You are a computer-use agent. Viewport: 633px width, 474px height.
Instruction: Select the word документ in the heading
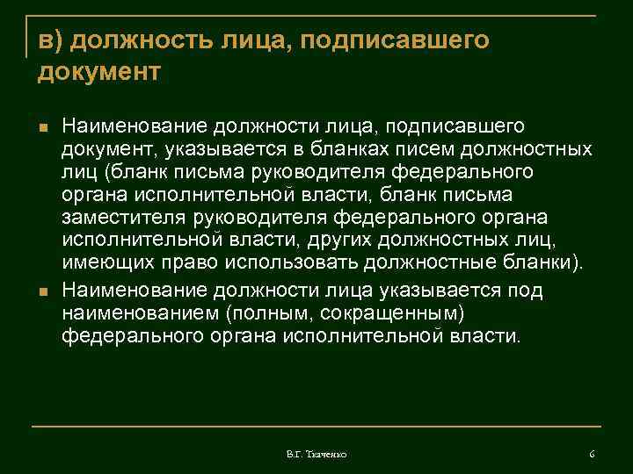(x=98, y=71)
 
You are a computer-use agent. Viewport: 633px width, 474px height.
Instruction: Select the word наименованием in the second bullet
(x=145, y=313)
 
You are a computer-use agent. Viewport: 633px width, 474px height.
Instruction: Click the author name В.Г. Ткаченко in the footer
(x=316, y=454)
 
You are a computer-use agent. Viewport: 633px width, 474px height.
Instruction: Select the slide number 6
(x=592, y=454)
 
